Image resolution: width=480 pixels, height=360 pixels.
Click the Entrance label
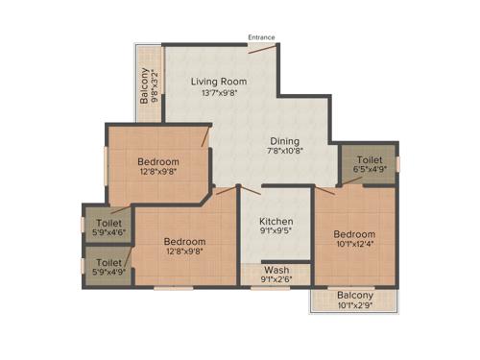pyautogui.click(x=261, y=37)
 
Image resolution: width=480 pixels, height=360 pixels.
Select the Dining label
pyautogui.click(x=283, y=138)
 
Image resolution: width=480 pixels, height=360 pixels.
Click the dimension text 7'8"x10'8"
pyautogui.click(x=283, y=151)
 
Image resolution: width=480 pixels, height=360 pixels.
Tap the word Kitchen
pyautogui.click(x=276, y=220)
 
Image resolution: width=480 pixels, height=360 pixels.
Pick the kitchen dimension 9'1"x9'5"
pyautogui.click(x=276, y=231)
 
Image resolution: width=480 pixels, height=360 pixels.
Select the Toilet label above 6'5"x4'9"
pyautogui.click(x=370, y=160)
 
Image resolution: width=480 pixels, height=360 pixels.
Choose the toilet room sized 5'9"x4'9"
pyautogui.click(x=108, y=267)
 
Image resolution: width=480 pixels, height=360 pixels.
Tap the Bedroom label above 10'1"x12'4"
pyautogui.click(x=354, y=234)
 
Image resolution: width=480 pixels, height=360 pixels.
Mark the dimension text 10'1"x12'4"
pyautogui.click(x=354, y=246)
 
